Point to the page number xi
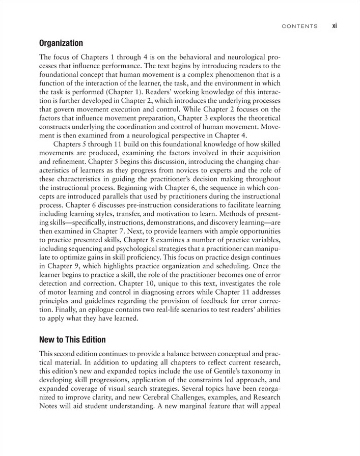pyautogui.click(x=335, y=25)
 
